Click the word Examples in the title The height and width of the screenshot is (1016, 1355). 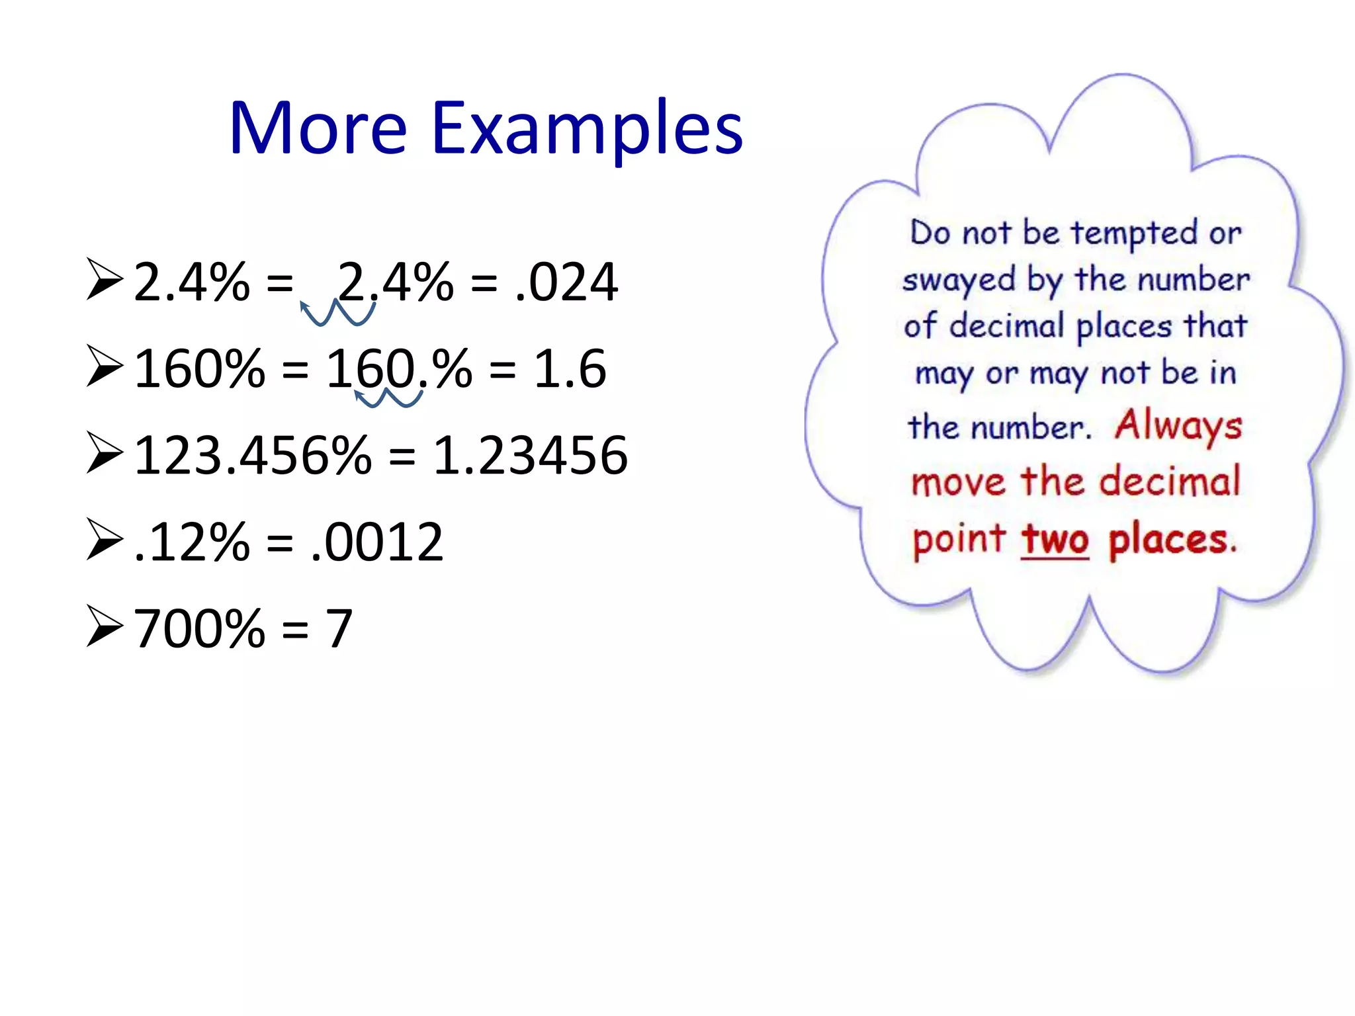click(x=587, y=129)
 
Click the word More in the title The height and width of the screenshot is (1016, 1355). click(x=318, y=129)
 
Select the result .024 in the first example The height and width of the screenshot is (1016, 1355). click(x=566, y=282)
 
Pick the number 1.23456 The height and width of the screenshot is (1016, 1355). click(x=529, y=455)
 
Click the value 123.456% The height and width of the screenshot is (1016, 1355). click(x=252, y=455)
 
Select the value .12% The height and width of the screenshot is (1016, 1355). click(x=191, y=542)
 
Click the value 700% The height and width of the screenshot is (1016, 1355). click(x=199, y=628)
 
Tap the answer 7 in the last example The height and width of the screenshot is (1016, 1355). click(x=339, y=628)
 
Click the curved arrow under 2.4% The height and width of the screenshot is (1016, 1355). click(x=337, y=313)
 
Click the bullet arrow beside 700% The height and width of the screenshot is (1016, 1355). click(x=105, y=626)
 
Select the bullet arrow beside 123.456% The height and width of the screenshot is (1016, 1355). click(x=105, y=454)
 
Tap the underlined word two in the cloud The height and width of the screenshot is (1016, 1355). click(x=1054, y=540)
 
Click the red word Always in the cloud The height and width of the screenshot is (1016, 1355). click(x=1178, y=425)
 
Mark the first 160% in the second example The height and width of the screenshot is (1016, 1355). click(x=199, y=368)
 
